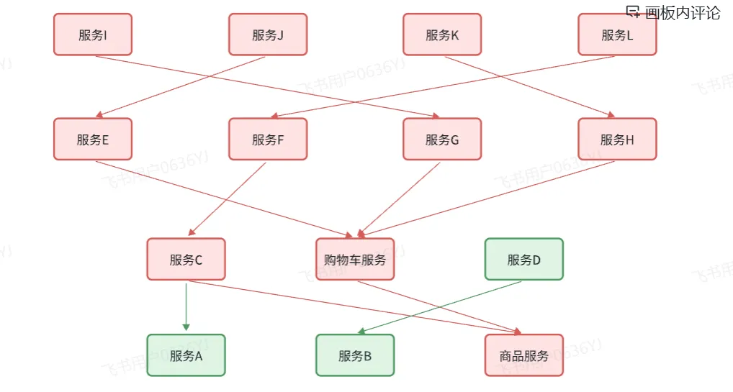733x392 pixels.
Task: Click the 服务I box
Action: point(93,35)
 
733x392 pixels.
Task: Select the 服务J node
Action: point(268,35)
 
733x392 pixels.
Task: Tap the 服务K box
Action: point(442,35)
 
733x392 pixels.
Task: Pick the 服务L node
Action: point(617,35)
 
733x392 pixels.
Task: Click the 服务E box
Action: point(93,140)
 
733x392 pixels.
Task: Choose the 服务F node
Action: point(268,140)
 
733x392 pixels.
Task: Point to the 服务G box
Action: point(442,140)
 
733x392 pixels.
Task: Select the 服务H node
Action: point(617,140)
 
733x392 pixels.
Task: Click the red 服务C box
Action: point(186,260)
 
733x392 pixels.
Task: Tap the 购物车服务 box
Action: point(355,260)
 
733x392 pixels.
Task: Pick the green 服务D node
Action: point(524,260)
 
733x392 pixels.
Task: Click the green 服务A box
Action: point(186,355)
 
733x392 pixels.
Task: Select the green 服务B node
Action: point(355,355)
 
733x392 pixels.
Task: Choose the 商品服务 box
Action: point(524,355)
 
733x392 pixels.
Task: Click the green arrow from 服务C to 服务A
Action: point(186,306)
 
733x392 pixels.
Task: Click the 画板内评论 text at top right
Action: point(683,12)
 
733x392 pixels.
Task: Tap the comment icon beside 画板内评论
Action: point(633,12)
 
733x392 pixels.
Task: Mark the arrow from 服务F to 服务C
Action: point(228,199)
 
